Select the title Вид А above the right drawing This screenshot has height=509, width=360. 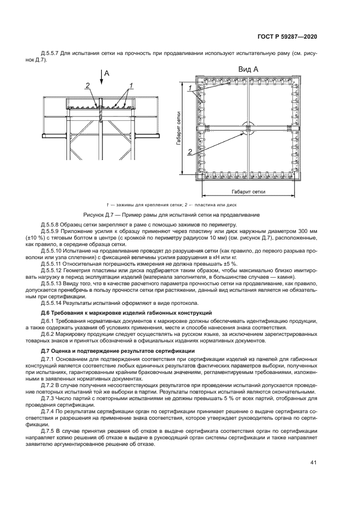point(248,70)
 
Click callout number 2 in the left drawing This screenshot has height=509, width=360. point(87,85)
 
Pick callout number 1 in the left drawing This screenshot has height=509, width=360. point(131,85)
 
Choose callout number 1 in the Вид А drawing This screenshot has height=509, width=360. point(190,88)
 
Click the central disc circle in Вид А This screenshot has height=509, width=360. point(248,128)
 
